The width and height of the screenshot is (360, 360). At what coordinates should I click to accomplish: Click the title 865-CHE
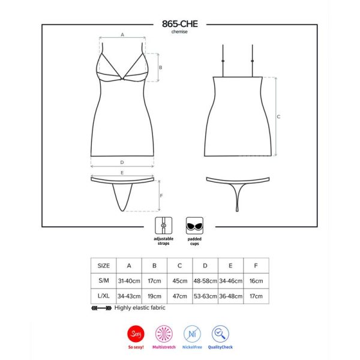tap(180, 24)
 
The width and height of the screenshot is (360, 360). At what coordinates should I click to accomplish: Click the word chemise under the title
tap(179, 32)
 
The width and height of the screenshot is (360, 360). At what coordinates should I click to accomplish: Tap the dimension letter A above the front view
tap(122, 35)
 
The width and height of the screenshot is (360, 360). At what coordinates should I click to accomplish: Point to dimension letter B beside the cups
tap(160, 67)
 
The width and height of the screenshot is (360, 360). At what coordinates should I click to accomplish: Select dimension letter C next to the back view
tap(278, 116)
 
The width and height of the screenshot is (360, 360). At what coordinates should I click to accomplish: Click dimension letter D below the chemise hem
tap(122, 163)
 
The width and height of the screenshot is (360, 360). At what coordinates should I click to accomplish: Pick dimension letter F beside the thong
tap(161, 196)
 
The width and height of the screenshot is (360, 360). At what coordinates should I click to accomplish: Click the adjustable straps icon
tap(163, 226)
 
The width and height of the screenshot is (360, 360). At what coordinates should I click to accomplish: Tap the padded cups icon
tap(194, 226)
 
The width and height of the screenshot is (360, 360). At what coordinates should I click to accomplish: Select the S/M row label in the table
tap(104, 281)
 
